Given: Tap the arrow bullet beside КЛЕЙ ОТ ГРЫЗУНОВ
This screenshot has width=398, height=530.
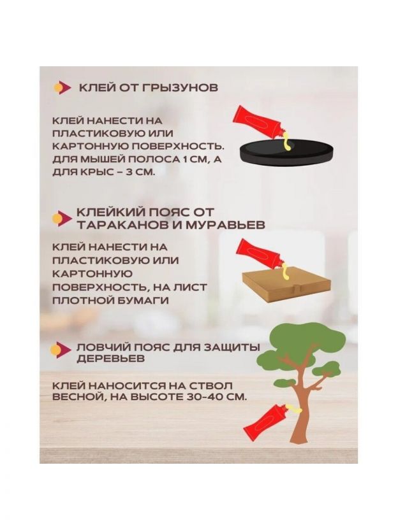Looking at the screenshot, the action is click(x=62, y=88).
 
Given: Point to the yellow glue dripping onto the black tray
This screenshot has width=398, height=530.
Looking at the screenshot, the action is click(x=286, y=144).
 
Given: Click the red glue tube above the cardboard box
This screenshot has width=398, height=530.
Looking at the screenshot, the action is click(x=260, y=255).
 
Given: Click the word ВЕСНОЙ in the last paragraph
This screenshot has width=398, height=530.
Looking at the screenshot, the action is click(x=77, y=397).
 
